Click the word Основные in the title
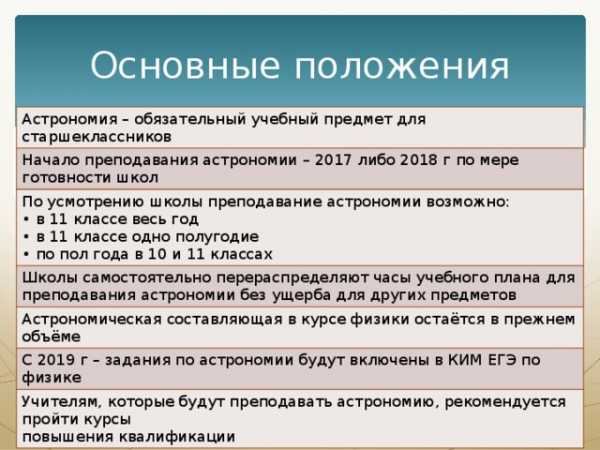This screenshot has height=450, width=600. coord(185,65)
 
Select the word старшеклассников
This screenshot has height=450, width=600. coord(96,137)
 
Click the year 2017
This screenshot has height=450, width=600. coord(333,160)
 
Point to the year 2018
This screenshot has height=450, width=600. coord(418,160)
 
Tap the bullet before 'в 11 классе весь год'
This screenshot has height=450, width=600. coord(26,220)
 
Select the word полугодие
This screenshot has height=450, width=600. coord(217,237)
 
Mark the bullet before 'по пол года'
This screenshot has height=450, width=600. coord(26,254)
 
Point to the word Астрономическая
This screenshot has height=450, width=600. coord(92,320)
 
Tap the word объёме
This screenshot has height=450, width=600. coord(51,337)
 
